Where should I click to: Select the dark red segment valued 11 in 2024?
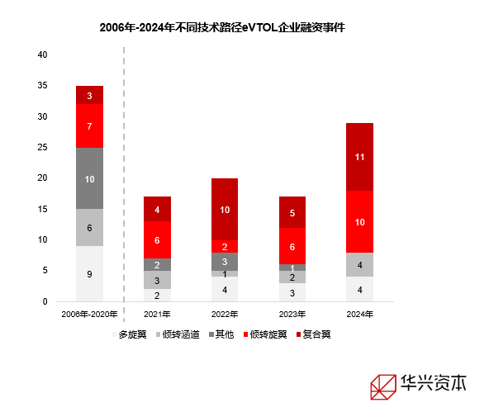pos(359,157)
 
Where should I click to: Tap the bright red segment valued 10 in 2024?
pos(359,221)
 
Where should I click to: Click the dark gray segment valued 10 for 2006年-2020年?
pos(89,178)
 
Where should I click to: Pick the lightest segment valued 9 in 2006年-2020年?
pos(89,274)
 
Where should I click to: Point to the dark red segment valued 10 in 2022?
pos(225,209)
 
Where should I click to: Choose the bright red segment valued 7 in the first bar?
pos(89,125)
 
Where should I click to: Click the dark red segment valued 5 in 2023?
pos(292,212)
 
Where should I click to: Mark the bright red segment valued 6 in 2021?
pos(157,239)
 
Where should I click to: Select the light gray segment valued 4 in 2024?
pos(359,264)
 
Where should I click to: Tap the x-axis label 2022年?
pos(225,315)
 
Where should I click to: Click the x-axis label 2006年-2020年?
pos(89,315)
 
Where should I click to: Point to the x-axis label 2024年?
pos(359,315)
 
